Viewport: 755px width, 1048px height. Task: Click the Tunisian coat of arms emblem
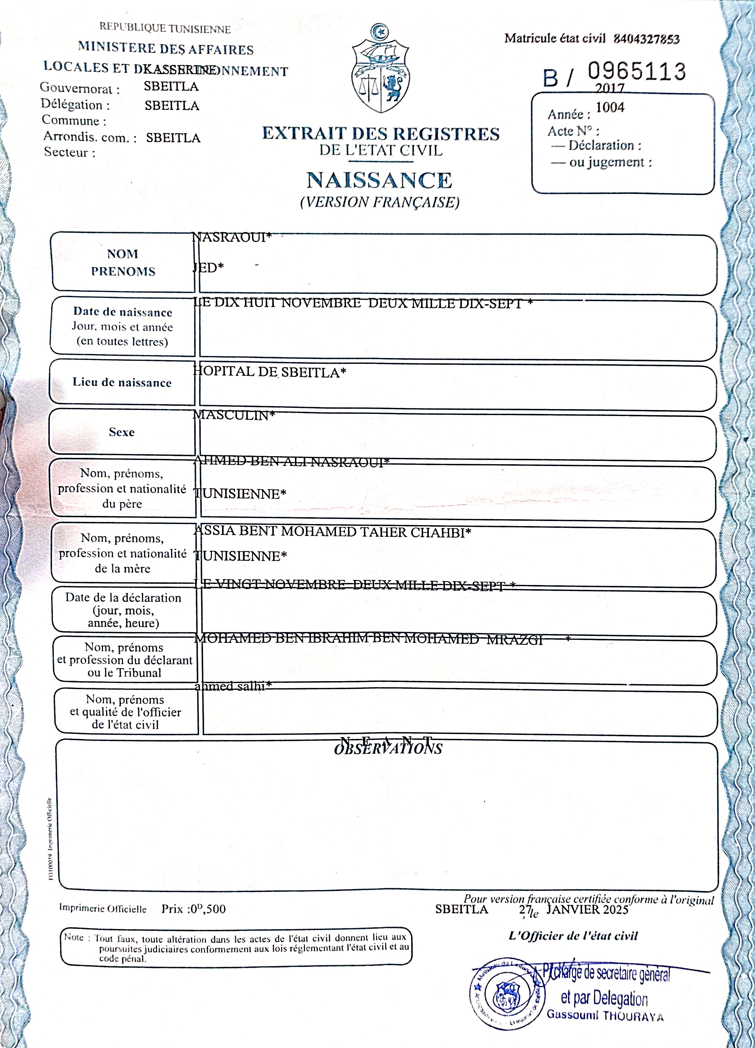click(x=380, y=69)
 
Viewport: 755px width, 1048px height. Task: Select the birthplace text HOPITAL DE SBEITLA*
click(x=269, y=372)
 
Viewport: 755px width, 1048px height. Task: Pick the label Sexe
click(x=121, y=432)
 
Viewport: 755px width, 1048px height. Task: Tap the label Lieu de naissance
click(x=122, y=382)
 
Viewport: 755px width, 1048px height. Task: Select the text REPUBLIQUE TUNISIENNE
click(x=165, y=28)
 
